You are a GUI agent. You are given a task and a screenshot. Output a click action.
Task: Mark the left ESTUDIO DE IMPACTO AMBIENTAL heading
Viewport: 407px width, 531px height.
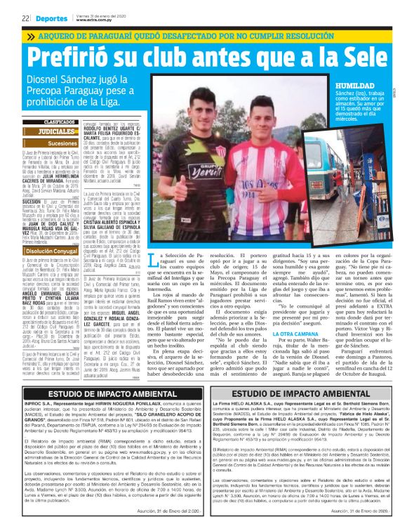(105, 395)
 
